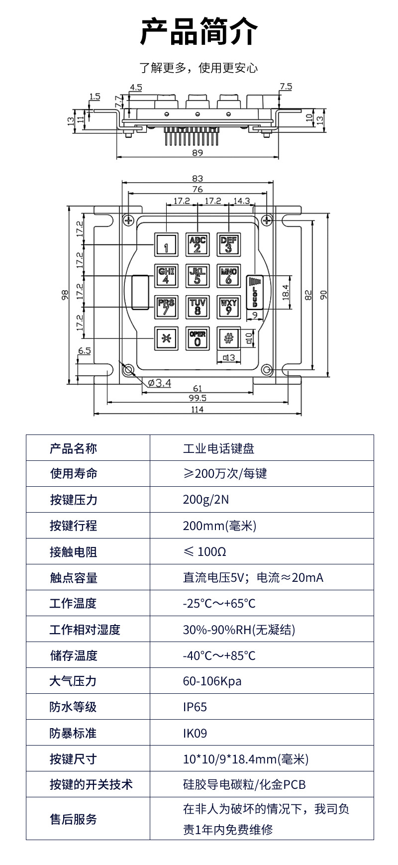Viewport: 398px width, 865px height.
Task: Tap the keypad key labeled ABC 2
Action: [198, 245]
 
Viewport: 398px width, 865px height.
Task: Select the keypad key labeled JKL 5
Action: [198, 276]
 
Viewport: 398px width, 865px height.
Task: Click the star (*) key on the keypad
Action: [166, 338]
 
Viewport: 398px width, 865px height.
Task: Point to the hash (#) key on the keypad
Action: [228, 338]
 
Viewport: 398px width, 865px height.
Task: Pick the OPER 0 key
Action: [198, 338]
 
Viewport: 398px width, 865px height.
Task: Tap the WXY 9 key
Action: [228, 307]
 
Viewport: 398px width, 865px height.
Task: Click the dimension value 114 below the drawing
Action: [198, 410]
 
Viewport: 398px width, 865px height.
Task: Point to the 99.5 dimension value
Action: [198, 398]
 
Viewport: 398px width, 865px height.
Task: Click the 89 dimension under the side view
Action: [198, 153]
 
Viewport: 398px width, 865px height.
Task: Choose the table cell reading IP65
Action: [195, 707]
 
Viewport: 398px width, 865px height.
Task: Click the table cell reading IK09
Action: [195, 733]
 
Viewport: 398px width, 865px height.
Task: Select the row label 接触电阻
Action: [73, 552]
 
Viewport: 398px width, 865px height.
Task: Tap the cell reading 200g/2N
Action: [205, 500]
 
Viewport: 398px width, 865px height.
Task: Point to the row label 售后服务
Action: [73, 819]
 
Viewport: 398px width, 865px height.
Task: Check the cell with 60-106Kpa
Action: [212, 681]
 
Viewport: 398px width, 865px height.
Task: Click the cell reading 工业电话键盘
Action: [218, 448]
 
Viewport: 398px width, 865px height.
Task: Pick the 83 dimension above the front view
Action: [198, 179]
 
